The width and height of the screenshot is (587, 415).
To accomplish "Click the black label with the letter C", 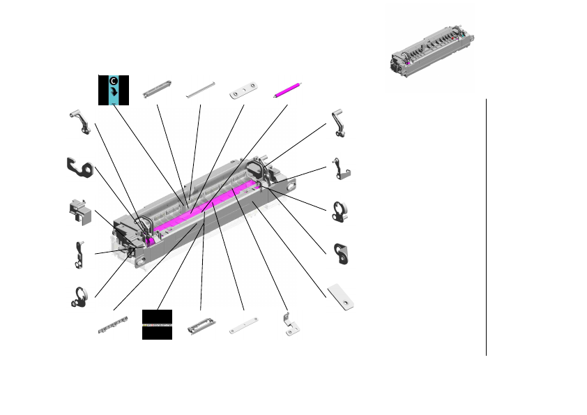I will coord(114,89).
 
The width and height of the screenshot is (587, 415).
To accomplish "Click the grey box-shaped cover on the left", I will coord(81,211).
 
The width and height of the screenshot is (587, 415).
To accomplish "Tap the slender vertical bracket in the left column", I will coord(79,254).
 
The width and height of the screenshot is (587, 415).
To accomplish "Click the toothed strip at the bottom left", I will coord(113,325).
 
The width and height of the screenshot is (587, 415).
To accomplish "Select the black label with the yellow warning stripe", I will coord(157,324).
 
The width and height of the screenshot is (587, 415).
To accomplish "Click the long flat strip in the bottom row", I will coord(244,325).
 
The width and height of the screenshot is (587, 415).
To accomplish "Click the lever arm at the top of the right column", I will coord(341,123).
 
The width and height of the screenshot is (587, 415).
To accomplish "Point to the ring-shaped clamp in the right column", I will coord(340,212).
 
